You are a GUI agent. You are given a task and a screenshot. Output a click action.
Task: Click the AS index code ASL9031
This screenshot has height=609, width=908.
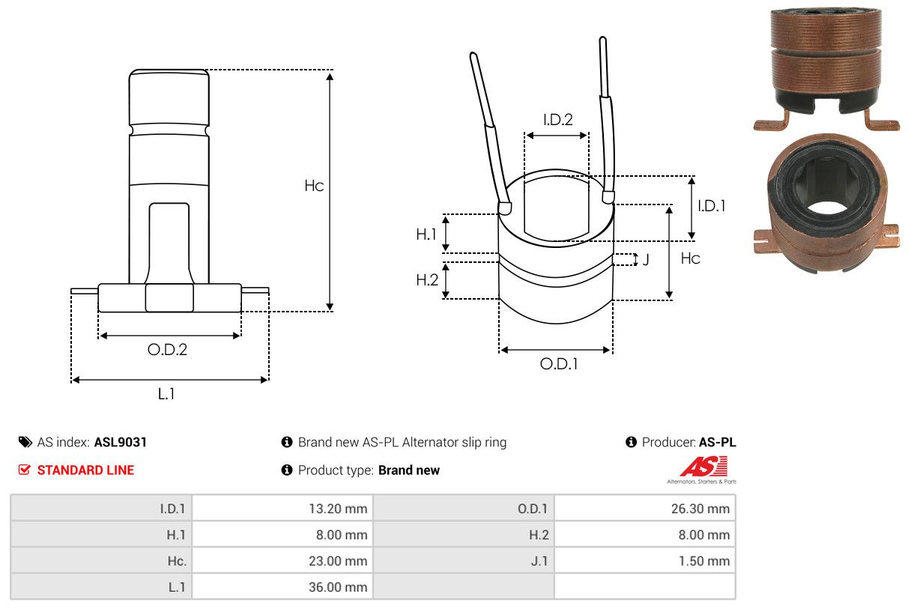click(x=121, y=442)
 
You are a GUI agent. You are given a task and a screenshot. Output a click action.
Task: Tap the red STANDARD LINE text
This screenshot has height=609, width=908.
click(x=85, y=470)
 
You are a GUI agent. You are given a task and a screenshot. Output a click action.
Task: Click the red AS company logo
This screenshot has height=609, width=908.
click(x=703, y=467)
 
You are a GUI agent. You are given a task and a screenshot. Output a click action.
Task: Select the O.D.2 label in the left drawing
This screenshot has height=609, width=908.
click(x=167, y=349)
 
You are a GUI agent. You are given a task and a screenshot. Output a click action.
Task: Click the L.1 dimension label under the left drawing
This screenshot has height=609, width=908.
click(x=166, y=393)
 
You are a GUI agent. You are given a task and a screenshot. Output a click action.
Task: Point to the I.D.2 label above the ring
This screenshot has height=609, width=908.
click(x=557, y=119)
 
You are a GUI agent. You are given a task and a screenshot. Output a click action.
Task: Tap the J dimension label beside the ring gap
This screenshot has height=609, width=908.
click(x=646, y=260)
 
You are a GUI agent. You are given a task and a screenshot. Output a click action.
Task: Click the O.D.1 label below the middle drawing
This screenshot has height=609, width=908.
click(x=559, y=364)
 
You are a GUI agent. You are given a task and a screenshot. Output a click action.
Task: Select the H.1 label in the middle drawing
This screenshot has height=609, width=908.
click(x=426, y=234)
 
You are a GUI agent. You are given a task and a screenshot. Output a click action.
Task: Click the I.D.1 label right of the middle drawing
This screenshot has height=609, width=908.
click(x=711, y=205)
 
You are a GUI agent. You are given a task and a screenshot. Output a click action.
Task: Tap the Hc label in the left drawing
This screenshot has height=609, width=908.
click(x=314, y=186)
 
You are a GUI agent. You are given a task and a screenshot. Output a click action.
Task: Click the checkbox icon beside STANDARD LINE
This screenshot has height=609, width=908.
click(x=25, y=470)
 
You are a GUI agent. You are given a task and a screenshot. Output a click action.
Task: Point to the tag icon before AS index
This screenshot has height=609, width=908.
click(x=25, y=442)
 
